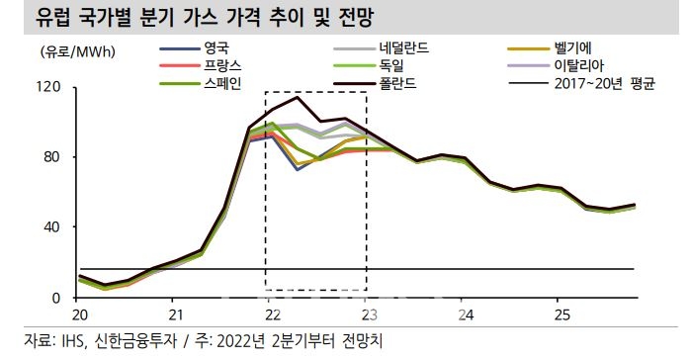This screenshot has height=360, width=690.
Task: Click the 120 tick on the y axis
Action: (51, 88)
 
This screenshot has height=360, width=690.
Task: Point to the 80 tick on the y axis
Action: (55, 157)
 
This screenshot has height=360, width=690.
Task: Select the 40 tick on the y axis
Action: (55, 227)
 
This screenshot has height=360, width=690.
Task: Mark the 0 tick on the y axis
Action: (59, 298)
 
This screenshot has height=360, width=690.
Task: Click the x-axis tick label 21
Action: (174, 315)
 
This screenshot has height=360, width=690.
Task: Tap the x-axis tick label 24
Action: (465, 315)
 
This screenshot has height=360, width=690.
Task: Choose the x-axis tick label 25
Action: (561, 315)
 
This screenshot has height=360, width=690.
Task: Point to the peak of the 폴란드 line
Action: (298, 97)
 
